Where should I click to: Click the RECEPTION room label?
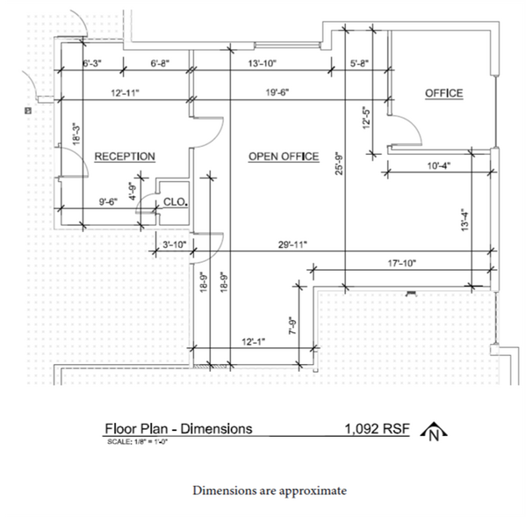[x=125, y=157]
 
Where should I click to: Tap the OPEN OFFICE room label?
[x=283, y=157]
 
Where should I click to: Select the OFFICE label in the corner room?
[x=443, y=93]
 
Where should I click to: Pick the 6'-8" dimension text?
[x=164, y=63]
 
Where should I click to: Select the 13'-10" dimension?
[x=262, y=63]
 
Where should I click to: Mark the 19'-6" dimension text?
[x=278, y=91]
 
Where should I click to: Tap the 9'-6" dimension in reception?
[x=111, y=201]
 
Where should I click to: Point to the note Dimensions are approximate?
[x=270, y=490]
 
